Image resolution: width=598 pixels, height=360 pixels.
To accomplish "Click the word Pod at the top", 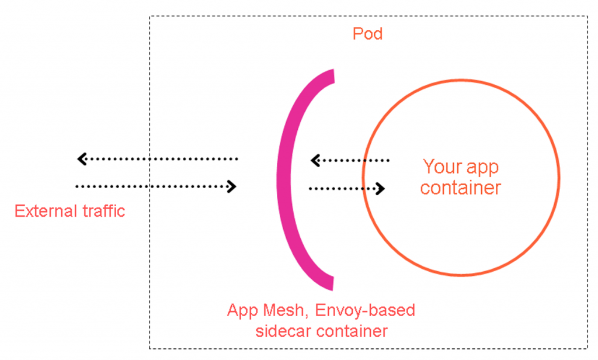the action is (367, 34).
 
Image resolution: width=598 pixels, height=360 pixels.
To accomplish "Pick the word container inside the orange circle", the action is (461, 188).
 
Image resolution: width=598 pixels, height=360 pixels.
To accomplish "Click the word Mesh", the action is (283, 310).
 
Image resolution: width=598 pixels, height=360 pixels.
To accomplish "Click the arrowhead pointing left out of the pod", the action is (82, 158).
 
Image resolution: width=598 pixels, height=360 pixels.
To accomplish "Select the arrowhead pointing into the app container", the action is (381, 188).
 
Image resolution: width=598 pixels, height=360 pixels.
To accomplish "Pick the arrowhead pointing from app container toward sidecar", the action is (315, 160).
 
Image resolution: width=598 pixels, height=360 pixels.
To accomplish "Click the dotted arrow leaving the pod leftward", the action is (158, 158).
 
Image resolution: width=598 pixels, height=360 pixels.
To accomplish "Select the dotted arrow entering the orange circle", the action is (345, 188).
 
